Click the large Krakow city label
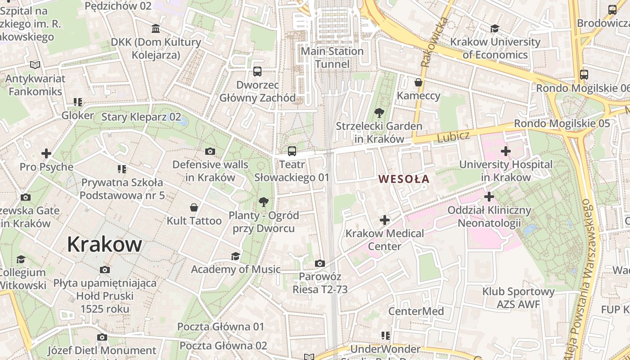click(x=104, y=244)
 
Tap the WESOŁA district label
click(x=404, y=179)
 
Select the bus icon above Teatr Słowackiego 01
click(x=292, y=151)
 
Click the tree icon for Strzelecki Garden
click(x=379, y=113)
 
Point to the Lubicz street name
click(x=453, y=137)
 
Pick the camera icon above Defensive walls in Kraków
click(x=210, y=151)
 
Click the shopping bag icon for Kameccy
click(x=418, y=82)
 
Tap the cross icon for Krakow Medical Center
click(x=385, y=220)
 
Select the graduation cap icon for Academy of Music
click(x=235, y=256)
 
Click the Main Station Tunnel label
click(x=332, y=58)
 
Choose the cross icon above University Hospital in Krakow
click(x=506, y=151)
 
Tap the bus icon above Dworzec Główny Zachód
click(x=257, y=71)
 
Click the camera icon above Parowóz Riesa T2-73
click(x=320, y=263)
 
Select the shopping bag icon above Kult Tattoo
click(x=194, y=207)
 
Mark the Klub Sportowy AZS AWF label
click(x=518, y=298)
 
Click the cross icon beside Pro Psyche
click(x=46, y=154)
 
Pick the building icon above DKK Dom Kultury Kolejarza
click(x=156, y=29)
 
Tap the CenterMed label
click(x=416, y=311)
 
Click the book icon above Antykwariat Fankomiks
click(x=35, y=65)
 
